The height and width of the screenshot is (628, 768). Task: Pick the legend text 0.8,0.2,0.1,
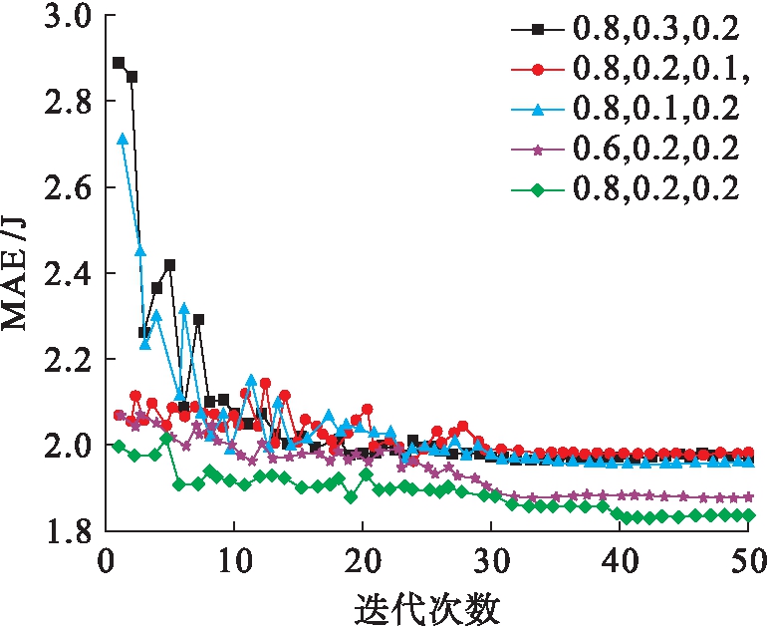(657, 70)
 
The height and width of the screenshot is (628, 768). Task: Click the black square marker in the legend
(538, 30)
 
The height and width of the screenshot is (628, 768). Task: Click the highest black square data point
(119, 63)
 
